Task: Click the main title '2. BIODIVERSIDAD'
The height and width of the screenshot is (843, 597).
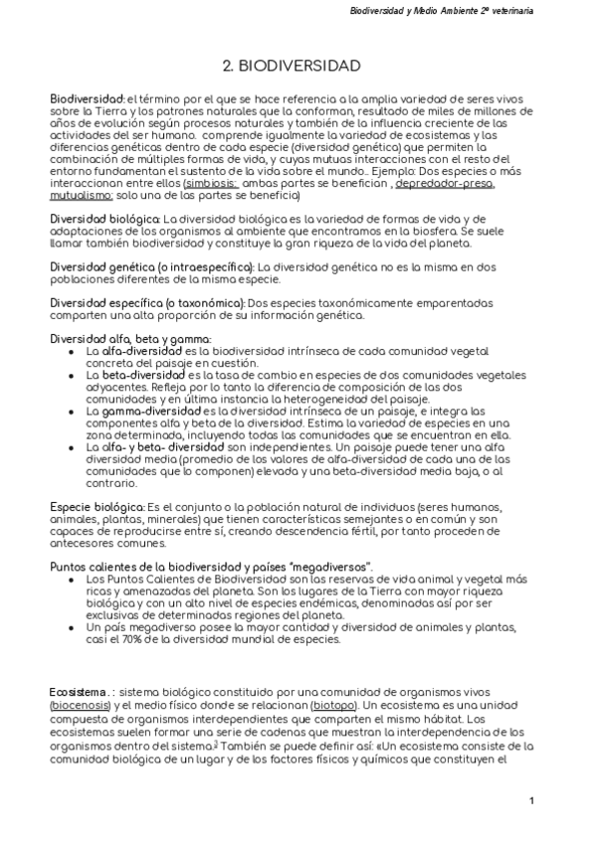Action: pyautogui.click(x=292, y=66)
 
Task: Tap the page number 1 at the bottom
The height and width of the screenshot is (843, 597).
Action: pyautogui.click(x=532, y=801)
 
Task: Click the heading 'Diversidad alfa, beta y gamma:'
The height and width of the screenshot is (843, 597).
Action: pyautogui.click(x=116, y=338)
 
